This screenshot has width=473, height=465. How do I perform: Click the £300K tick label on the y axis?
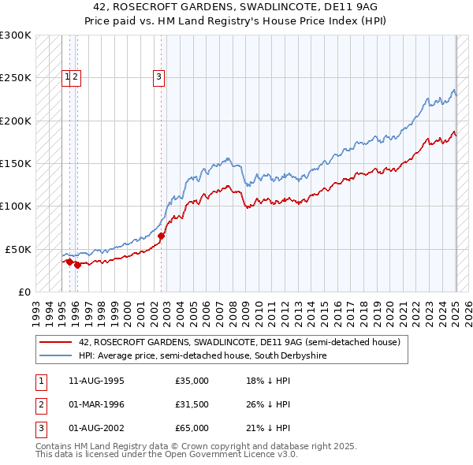pyautogui.click(x=16, y=35)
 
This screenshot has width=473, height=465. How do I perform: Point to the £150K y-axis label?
pyautogui.click(x=16, y=163)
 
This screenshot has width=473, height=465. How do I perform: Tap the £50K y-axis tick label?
pyautogui.click(x=19, y=248)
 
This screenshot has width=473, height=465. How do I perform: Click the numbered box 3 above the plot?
pyautogui.click(x=159, y=76)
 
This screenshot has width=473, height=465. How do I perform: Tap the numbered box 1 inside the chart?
pyautogui.click(x=67, y=76)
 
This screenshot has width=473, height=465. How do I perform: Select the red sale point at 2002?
pyautogui.click(x=161, y=236)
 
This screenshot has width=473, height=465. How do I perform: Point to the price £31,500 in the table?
pyautogui.click(x=192, y=404)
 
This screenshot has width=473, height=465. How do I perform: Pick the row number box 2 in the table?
pyautogui.click(x=39, y=404)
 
